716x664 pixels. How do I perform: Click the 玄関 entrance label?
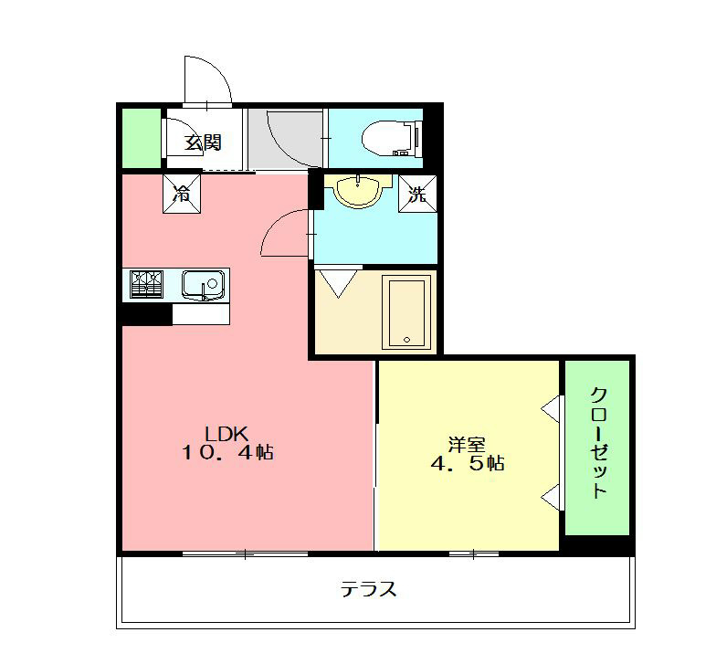[x=202, y=142]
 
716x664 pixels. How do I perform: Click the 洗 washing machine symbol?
[x=416, y=194]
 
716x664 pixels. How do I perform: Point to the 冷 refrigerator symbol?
[x=183, y=194]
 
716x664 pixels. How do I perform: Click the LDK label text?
[x=222, y=433]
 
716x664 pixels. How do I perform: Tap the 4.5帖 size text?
[x=467, y=463]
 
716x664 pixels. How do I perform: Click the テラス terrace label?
[x=369, y=589]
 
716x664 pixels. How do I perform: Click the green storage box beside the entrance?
[x=140, y=138]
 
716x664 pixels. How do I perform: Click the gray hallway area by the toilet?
[x=285, y=138]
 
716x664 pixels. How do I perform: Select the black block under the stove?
[x=146, y=314]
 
